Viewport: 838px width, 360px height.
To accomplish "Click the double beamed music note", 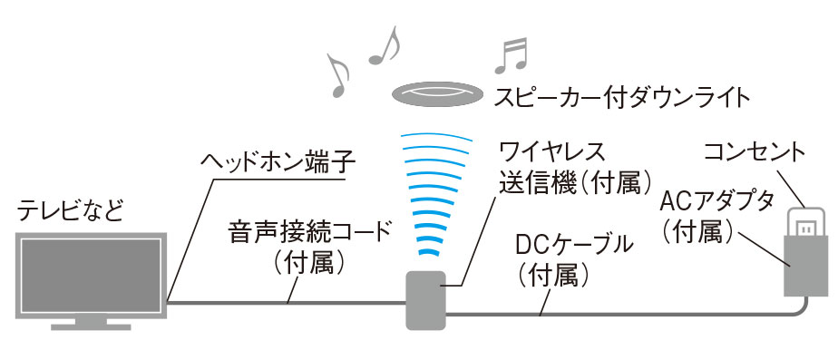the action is (511, 55).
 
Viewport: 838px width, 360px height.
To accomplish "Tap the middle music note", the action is (385, 46).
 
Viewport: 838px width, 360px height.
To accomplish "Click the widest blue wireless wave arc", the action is (438, 139).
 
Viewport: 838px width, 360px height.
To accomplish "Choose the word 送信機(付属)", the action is (576, 182).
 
